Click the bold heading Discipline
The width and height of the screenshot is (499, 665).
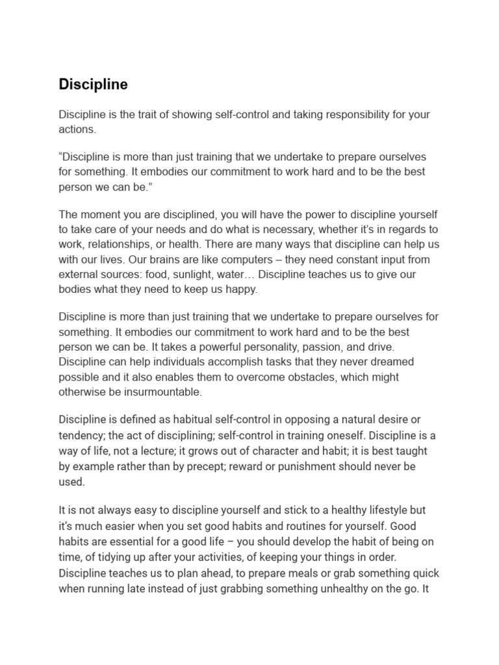pyautogui.click(x=93, y=84)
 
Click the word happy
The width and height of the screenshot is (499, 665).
pyautogui.click(x=242, y=289)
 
